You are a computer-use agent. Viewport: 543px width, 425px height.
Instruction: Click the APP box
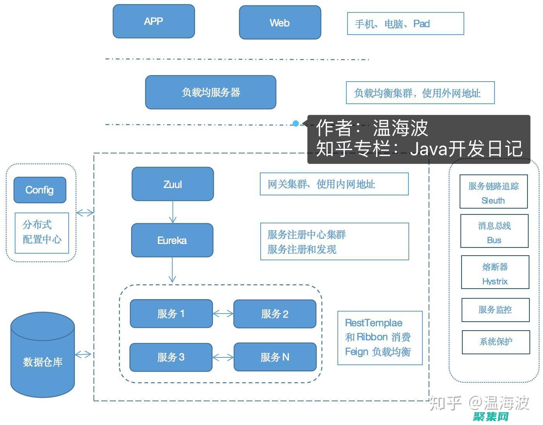click(x=154, y=21)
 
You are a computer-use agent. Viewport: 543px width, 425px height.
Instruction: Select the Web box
click(x=280, y=23)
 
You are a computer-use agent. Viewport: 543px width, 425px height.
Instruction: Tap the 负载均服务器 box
click(x=211, y=92)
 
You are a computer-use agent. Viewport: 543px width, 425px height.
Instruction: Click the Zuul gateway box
click(x=173, y=184)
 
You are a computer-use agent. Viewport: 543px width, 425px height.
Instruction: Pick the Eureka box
click(x=172, y=240)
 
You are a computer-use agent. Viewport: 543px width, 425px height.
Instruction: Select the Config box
click(x=40, y=190)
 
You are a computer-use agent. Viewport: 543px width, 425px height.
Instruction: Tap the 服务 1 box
click(x=171, y=314)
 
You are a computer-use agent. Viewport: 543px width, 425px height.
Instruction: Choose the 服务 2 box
click(x=275, y=314)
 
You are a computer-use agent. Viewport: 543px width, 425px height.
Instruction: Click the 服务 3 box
click(x=171, y=357)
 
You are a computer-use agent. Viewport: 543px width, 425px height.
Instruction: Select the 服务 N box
click(x=275, y=357)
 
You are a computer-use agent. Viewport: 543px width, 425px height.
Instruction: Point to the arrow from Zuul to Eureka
click(x=173, y=212)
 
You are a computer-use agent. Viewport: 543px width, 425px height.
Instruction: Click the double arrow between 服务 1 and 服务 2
click(x=223, y=314)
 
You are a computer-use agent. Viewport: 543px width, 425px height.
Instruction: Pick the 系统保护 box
click(x=496, y=342)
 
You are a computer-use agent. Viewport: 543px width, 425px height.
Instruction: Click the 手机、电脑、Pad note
click(x=405, y=24)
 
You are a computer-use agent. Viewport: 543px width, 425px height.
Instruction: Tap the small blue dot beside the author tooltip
click(x=296, y=124)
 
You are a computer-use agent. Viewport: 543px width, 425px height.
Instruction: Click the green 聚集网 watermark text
click(x=491, y=417)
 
